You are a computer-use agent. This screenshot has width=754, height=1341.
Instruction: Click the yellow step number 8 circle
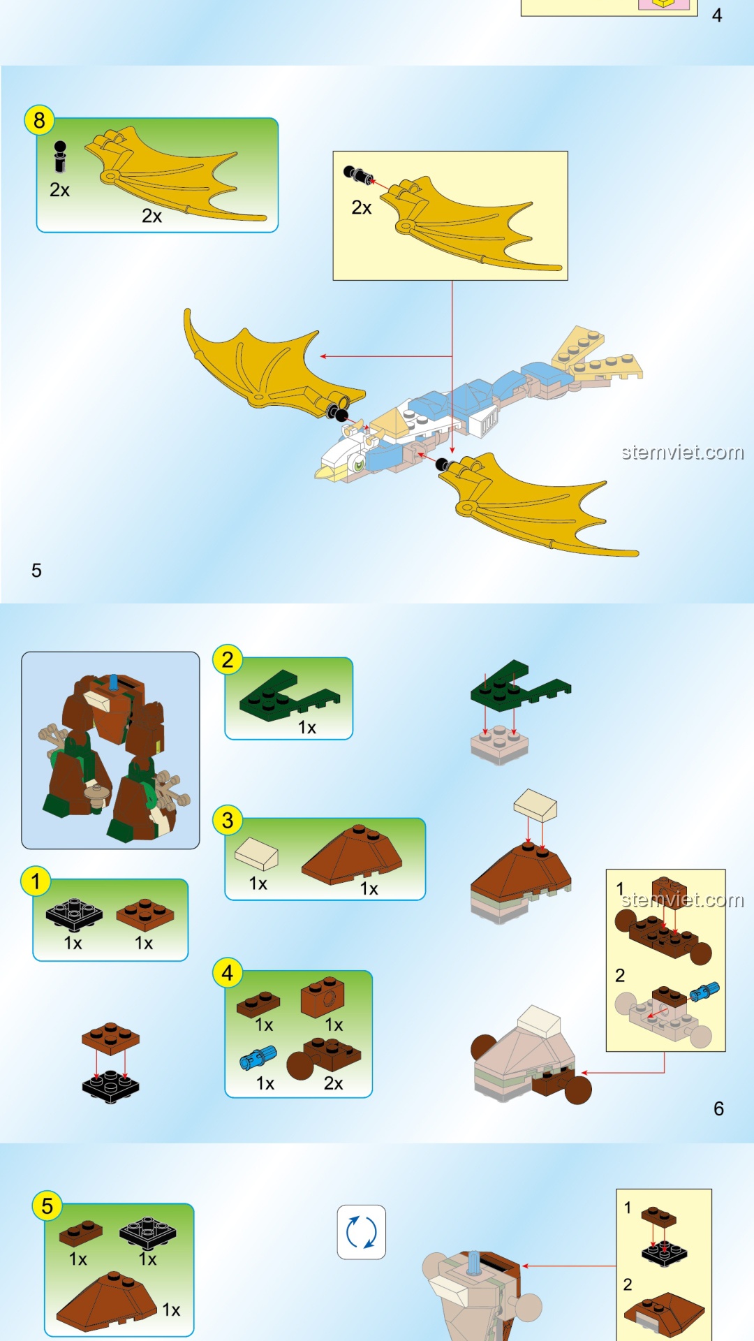(39, 121)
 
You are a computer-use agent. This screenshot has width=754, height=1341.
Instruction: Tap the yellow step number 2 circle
(228, 659)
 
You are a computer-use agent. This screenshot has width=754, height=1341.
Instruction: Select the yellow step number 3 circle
(228, 820)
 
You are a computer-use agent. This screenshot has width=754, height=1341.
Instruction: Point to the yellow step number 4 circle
(228, 972)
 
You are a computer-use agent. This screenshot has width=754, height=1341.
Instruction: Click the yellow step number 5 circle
(47, 1206)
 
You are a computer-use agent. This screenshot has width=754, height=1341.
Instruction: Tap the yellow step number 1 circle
(36, 881)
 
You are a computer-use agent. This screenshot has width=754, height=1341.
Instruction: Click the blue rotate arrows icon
(362, 1232)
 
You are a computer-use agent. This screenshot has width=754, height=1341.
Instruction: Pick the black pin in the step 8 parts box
(60, 156)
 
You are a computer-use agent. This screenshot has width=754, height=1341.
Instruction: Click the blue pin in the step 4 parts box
(258, 1057)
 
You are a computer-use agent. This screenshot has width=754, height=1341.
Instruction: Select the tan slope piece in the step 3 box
(256, 853)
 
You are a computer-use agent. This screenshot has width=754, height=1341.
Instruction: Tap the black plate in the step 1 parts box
(74, 915)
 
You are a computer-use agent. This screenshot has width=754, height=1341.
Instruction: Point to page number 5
(36, 571)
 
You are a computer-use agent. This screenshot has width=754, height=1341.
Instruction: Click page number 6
(719, 1108)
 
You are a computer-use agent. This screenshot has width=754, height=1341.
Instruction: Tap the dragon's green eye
(359, 464)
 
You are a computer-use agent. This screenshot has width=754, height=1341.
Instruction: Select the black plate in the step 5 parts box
(148, 1233)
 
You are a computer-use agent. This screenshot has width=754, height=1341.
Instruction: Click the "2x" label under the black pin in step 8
(60, 190)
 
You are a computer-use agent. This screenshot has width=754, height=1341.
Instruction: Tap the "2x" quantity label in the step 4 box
(334, 1083)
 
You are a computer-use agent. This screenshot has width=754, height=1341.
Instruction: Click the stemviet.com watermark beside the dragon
(683, 453)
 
